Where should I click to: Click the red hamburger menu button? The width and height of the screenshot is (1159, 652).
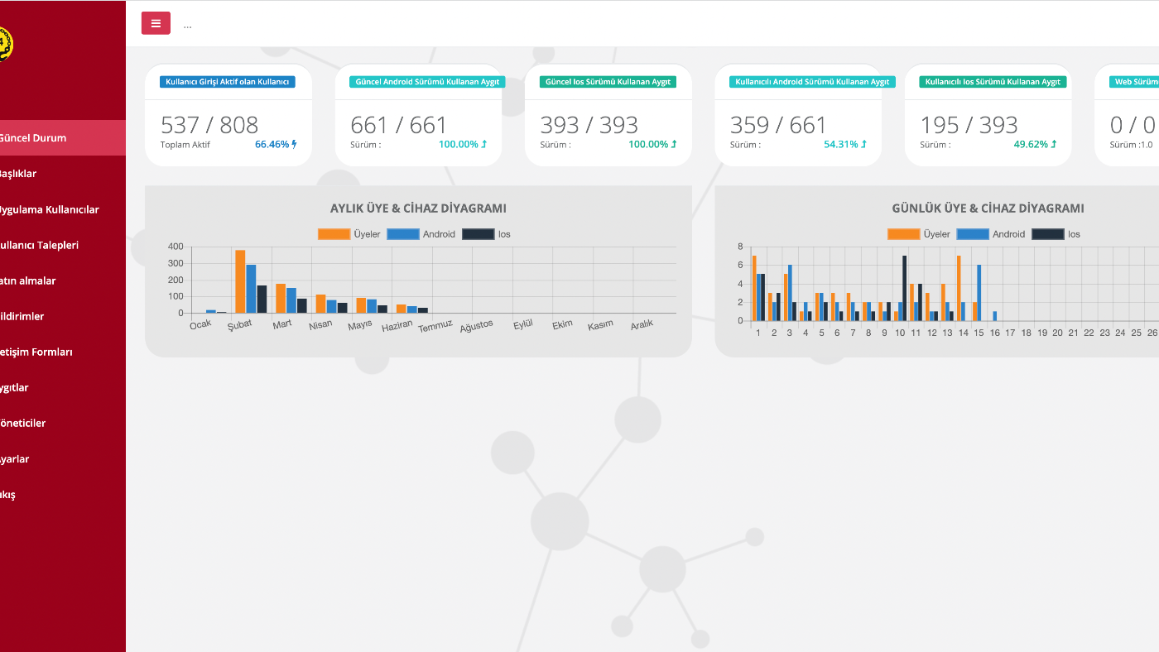pos(156,23)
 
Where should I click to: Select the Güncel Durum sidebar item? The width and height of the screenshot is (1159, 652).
pos(33,137)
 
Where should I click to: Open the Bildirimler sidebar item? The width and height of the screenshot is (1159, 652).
pos(22,316)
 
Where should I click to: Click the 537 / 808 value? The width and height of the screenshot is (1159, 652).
pos(209,125)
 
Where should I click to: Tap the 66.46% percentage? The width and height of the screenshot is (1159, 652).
pos(272,144)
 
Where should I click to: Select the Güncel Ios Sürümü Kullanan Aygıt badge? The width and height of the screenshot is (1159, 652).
pos(608,82)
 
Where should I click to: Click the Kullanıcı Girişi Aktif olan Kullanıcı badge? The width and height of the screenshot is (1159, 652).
pos(228,82)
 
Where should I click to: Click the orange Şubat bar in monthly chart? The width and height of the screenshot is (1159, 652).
pos(240,281)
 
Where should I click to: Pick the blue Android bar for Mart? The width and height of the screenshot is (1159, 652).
pos(291,300)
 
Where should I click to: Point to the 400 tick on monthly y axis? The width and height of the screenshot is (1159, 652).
pos(175,247)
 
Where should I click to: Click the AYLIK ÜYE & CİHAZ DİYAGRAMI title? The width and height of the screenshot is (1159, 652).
pos(418,209)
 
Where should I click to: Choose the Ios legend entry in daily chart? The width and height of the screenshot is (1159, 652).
pos(1057,234)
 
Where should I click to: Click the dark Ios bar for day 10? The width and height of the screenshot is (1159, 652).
pos(904,288)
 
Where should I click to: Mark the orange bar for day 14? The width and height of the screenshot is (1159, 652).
pos(959,288)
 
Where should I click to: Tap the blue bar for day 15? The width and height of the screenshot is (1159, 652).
pos(979,293)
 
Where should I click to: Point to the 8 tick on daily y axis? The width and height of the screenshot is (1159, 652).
pos(740,247)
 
